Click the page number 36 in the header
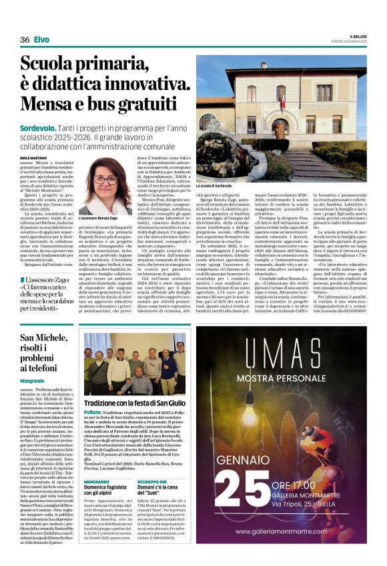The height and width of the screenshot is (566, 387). click(25, 40)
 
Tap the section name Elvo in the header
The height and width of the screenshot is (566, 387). click(41, 40)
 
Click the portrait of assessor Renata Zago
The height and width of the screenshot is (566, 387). click(105, 187)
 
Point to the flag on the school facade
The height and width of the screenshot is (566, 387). click(282, 102)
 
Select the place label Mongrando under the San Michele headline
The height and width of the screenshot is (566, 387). click(32, 380)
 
